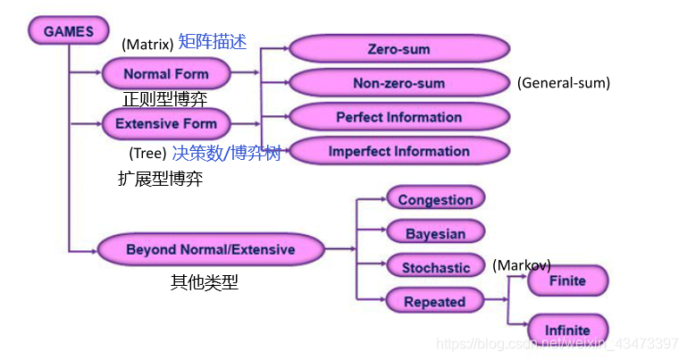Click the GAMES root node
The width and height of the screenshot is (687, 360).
pos(68,31)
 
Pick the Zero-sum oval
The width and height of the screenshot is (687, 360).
pos(398,50)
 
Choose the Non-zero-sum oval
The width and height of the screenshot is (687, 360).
pos(398,83)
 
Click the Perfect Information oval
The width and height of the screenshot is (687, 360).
pos(398,117)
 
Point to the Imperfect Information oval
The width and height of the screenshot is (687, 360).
pos(398,151)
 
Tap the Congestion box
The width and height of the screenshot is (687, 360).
pos(435,199)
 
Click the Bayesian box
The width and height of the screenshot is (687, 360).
pos(435,233)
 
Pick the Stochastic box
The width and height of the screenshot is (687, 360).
pos(435,267)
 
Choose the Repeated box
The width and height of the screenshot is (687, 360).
pos(435,302)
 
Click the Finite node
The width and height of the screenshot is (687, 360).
pos(567,280)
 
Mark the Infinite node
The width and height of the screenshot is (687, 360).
pos(567,331)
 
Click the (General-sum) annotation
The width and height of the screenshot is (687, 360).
pos(563,83)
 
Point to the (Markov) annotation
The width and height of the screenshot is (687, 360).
pos(522,265)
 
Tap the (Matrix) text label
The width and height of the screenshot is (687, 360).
pos(147,44)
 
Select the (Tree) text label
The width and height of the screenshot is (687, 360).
pos(147,154)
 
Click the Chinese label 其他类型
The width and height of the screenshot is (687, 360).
pos(205,283)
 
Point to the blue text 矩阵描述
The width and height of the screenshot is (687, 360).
pos(213,41)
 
